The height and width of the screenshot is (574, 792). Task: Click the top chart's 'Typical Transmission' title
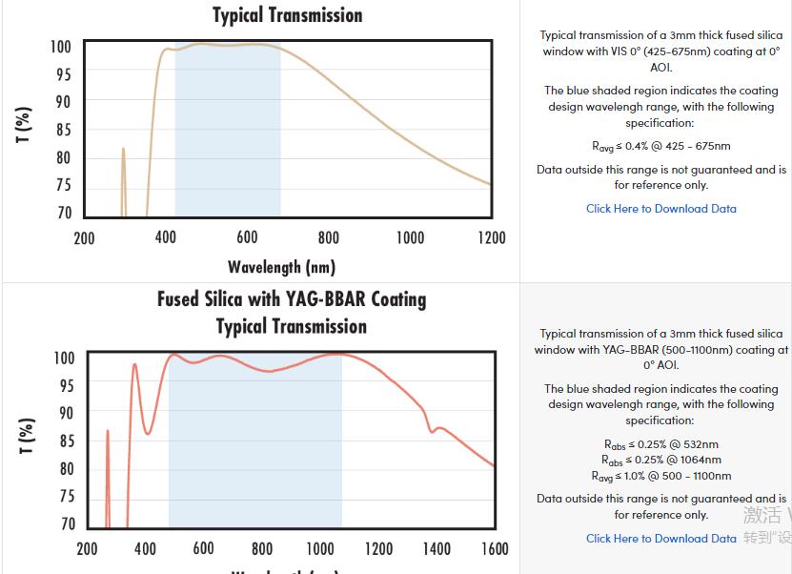(287, 15)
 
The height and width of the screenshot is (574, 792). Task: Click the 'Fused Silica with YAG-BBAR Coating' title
(292, 299)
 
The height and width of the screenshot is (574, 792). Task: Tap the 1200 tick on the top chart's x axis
(492, 237)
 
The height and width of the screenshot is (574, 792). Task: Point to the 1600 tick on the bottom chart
(495, 548)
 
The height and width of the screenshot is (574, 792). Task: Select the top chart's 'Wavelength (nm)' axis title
(281, 267)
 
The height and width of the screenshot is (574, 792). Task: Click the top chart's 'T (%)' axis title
(25, 125)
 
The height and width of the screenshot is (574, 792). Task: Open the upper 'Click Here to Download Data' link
(660, 208)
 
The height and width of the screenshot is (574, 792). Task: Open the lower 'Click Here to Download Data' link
(660, 538)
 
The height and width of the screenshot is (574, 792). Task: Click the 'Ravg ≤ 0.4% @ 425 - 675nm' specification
(660, 146)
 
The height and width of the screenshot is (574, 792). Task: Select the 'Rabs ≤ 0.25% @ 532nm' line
(660, 444)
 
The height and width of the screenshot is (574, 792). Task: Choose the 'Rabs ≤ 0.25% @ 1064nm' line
(660, 460)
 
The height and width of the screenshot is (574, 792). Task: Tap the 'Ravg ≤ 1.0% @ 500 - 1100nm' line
(660, 476)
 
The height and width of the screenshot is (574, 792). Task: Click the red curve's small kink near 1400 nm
(434, 429)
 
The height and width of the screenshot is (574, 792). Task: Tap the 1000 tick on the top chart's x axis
(410, 237)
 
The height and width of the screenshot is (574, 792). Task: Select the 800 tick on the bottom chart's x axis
(262, 548)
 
